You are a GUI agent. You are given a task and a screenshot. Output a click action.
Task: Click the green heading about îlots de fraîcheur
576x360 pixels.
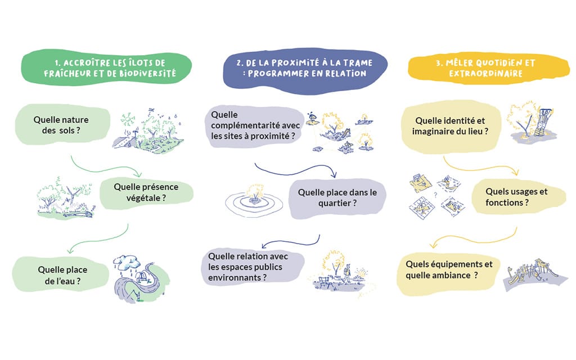pyautogui.click(x=106, y=68)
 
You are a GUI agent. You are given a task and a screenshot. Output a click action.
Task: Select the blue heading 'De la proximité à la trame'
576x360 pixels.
pyautogui.click(x=305, y=69)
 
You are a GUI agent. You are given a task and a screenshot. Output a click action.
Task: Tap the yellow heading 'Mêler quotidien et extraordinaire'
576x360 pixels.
pyautogui.click(x=489, y=68)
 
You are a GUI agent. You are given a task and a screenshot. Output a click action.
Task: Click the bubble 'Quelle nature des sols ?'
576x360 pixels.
pyautogui.click(x=62, y=125)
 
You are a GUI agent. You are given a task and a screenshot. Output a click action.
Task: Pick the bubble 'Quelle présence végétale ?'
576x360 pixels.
pyautogui.click(x=147, y=192)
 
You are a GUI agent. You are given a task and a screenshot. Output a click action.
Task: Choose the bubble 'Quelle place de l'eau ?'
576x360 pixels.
pyautogui.click(x=61, y=274)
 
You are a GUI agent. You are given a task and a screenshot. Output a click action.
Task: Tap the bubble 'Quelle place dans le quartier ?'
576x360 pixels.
pyautogui.click(x=337, y=198)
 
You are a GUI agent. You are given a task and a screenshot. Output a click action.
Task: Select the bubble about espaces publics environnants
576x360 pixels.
pyautogui.click(x=253, y=267)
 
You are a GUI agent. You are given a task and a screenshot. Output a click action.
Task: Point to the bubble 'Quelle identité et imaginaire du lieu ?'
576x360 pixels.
pyautogui.click(x=451, y=127)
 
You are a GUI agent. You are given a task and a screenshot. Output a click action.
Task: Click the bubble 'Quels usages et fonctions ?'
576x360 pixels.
pyautogui.click(x=518, y=197)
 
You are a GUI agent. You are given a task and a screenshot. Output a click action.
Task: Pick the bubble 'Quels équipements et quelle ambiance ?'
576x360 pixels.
pyautogui.click(x=449, y=274)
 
